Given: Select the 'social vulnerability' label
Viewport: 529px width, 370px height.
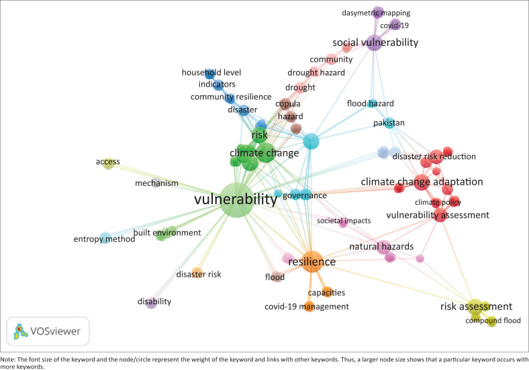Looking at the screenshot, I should click(375, 42).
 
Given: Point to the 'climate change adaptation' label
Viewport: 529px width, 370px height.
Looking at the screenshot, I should click(422, 181).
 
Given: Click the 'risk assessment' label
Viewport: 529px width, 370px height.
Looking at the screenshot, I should click(476, 306).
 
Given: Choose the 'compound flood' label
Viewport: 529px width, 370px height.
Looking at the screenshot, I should click(493, 321).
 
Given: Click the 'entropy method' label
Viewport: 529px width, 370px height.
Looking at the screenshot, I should click(104, 239).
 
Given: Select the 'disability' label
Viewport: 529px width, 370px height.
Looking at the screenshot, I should click(154, 301).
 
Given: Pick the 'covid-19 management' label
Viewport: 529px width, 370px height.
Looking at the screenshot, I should click(306, 307).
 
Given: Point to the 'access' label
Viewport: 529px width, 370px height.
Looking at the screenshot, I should click(107, 162).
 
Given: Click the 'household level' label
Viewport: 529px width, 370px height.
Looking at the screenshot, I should click(211, 72).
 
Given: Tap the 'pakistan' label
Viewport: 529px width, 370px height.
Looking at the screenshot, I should click(389, 123).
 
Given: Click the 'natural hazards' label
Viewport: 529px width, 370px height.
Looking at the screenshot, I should click(381, 246).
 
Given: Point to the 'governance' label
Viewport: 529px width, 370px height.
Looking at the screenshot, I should click(304, 195).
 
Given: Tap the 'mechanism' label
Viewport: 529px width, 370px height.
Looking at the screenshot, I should click(156, 183).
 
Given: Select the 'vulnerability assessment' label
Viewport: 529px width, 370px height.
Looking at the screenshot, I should click(438, 215).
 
